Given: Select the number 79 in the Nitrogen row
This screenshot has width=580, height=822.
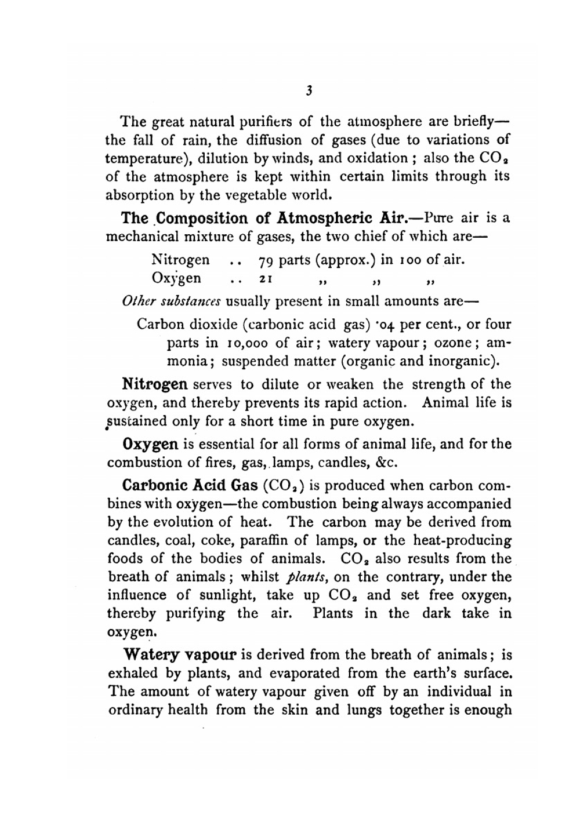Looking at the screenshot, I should pyautogui.click(x=264, y=260).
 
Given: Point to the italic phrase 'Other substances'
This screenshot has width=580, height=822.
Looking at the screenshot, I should pyautogui.click(x=172, y=301).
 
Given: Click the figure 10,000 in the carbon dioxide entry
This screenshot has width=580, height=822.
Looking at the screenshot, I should pyautogui.click(x=246, y=343).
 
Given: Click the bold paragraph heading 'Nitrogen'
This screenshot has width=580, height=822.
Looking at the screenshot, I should pyautogui.click(x=155, y=384).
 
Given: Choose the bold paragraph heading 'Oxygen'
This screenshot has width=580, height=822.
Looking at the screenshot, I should pyautogui.click(x=151, y=445).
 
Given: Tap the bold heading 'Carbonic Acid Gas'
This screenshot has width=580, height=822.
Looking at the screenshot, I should pyautogui.click(x=190, y=485).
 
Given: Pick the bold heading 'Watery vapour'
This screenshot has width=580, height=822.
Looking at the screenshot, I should pyautogui.click(x=180, y=655).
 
